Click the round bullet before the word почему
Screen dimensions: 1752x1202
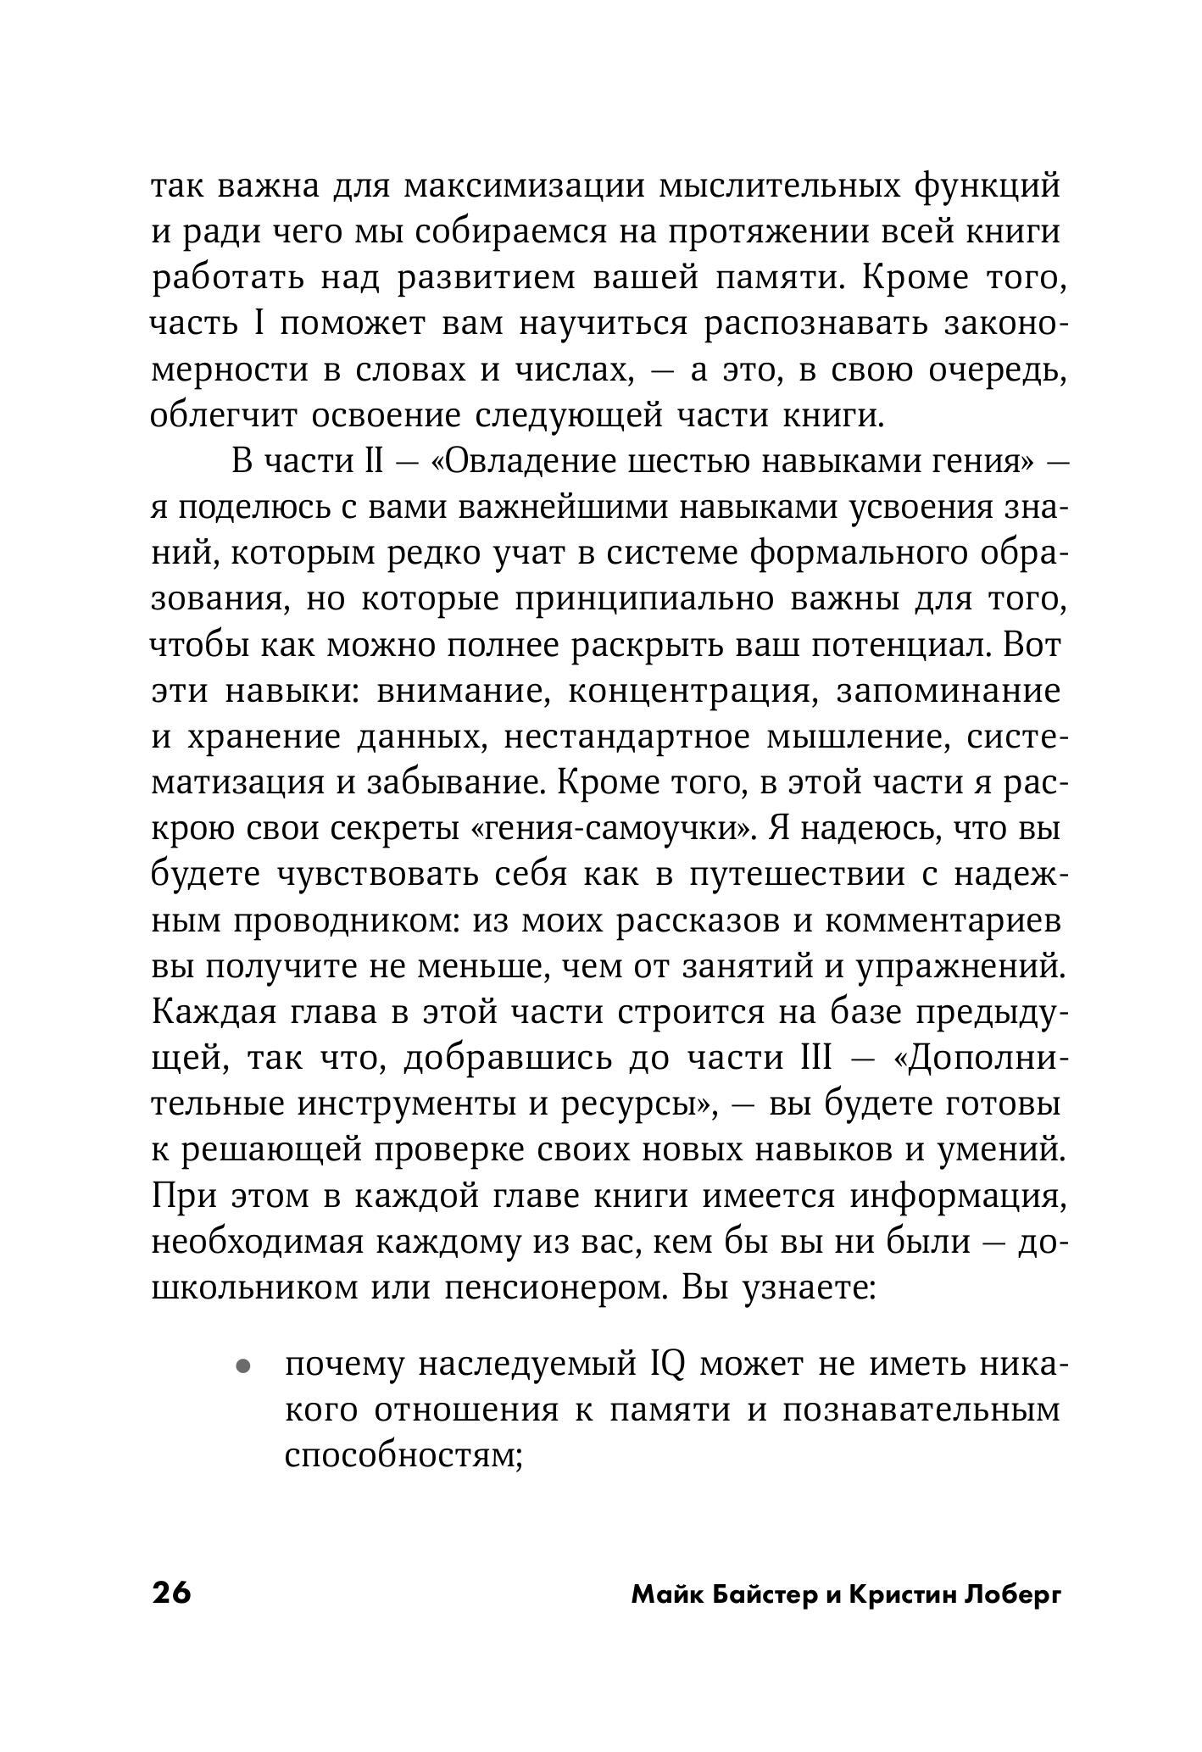[x=243, y=1366]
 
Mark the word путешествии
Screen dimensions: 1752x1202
[x=796, y=874]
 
